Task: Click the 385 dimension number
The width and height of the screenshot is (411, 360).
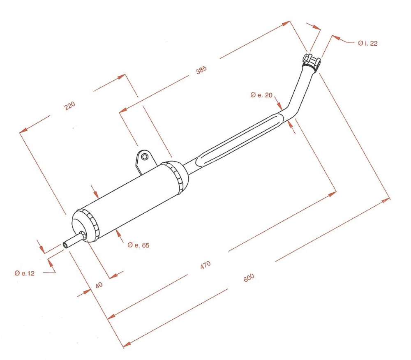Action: [201, 70]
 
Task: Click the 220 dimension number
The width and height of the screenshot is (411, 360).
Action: [70, 106]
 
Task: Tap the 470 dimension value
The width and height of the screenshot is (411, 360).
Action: [205, 265]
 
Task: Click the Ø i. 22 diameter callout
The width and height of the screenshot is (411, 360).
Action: [367, 43]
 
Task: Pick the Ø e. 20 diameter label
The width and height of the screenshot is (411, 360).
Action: [261, 95]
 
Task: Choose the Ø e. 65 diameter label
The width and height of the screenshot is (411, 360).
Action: [138, 245]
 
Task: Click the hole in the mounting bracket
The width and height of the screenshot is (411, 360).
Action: [145, 157]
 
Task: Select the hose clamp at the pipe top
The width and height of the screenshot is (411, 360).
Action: [311, 62]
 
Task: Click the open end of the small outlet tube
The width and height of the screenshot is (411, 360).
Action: [65, 245]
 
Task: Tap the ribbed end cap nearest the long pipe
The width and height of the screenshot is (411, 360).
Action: [177, 175]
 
